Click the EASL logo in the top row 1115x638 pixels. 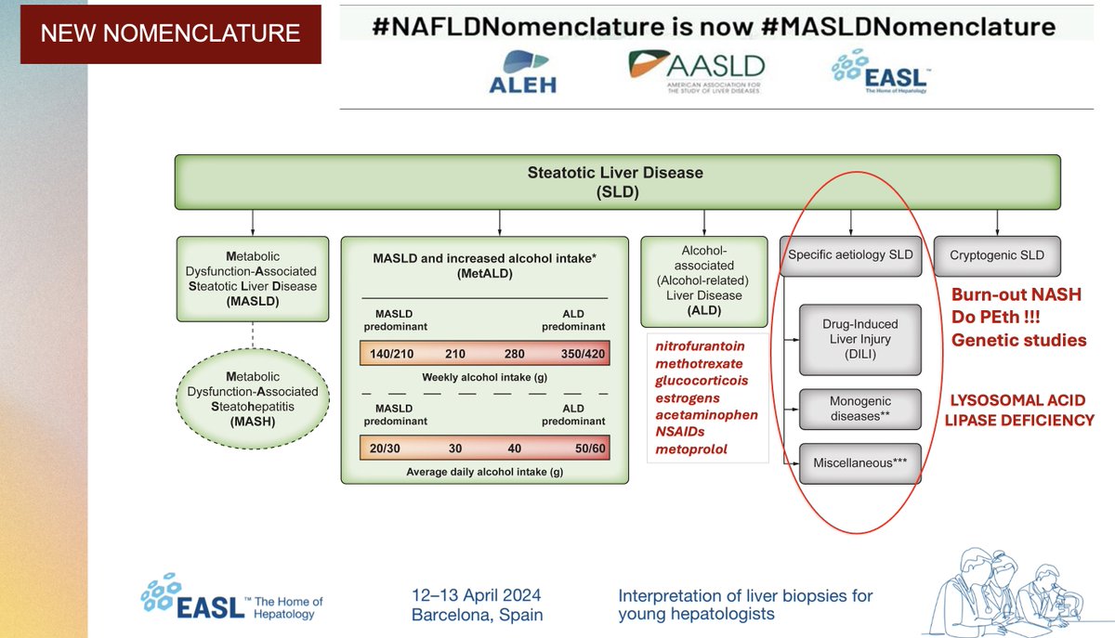[x=881, y=72]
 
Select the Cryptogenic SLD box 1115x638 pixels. [x=996, y=255]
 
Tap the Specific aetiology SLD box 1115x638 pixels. [x=850, y=255]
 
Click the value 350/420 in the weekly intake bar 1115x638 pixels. [x=583, y=354]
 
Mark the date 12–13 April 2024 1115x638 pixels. [x=477, y=595]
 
